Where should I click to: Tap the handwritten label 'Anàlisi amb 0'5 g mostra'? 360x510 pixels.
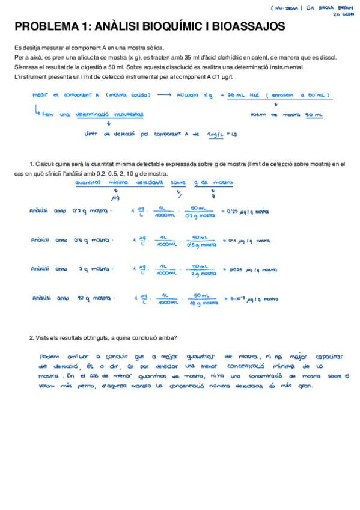pos(72,240)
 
